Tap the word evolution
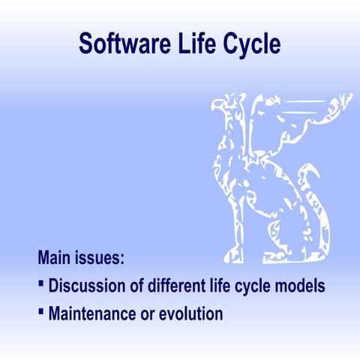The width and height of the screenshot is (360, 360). [x=193, y=313]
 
